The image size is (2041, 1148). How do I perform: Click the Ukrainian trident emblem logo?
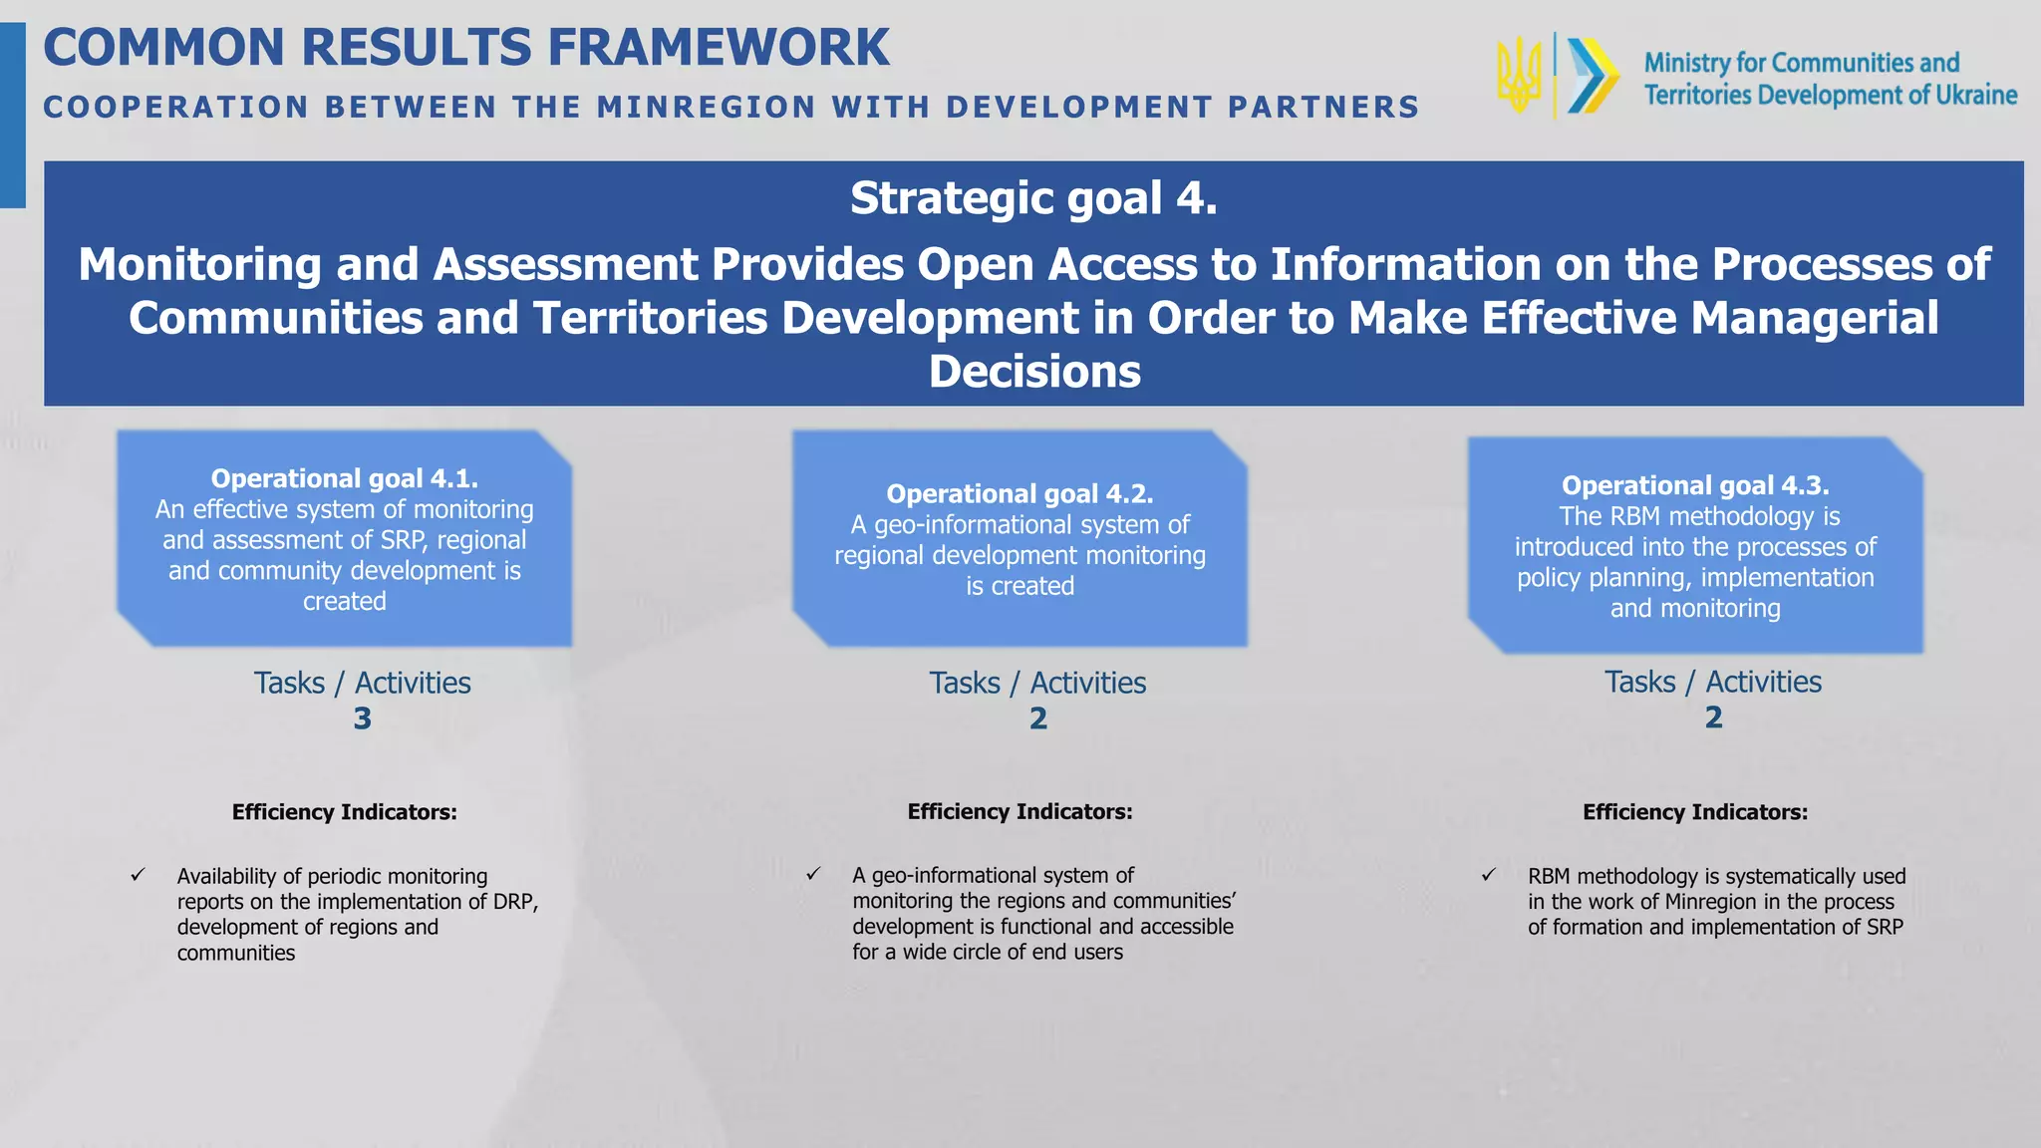coord(1520,75)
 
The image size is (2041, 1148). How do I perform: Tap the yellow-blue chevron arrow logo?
coord(1592,76)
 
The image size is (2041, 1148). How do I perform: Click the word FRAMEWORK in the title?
coord(719,48)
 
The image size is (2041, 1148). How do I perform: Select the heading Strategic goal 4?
coord(1033,198)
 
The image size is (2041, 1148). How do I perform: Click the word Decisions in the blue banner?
coord(1034,372)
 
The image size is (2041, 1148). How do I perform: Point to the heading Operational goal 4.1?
coord(344,478)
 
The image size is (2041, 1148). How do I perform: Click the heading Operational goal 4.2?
coord(1020,493)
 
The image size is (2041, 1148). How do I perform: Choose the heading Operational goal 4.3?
coord(1694,485)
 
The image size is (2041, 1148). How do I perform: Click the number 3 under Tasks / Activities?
coord(362,718)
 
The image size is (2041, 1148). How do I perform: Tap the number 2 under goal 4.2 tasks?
coord(1037,718)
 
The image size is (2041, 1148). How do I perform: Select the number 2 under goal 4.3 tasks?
coord(1713,717)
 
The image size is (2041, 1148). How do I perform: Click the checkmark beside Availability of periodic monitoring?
coord(138,875)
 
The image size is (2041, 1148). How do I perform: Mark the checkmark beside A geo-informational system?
coord(813,874)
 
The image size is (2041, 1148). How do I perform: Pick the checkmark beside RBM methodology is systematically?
coord(1488,875)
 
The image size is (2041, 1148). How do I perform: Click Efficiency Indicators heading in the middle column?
coord(1020,811)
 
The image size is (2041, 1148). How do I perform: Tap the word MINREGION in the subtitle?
coord(707,107)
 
